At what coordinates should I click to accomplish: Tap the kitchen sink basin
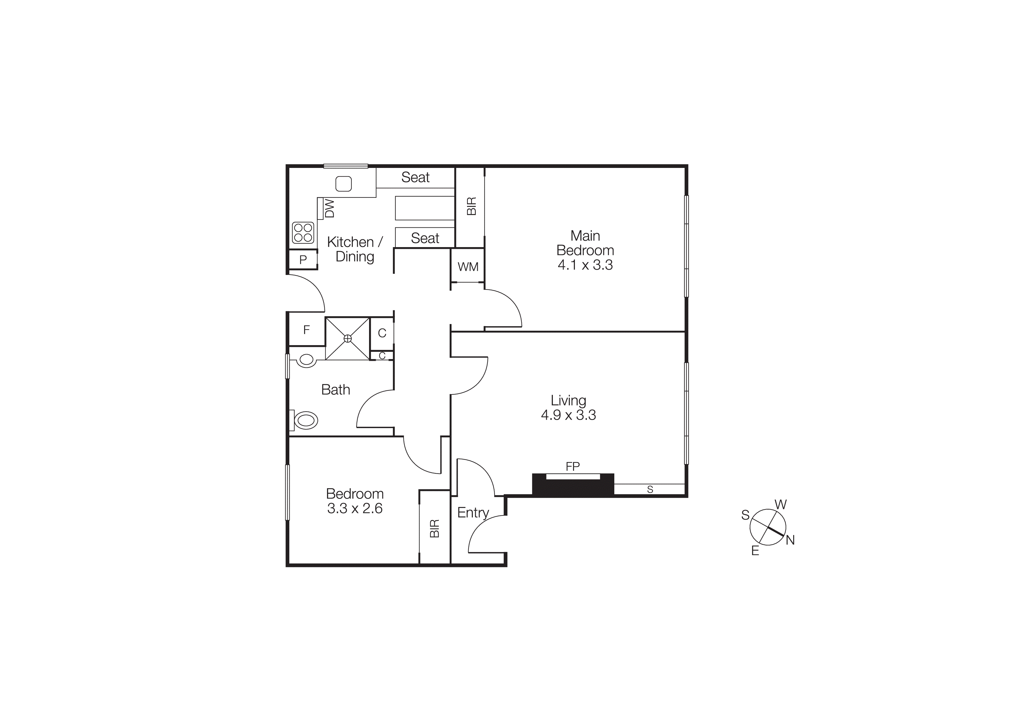coord(343,183)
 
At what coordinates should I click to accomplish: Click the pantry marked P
coord(303,260)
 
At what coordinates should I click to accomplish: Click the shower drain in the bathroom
coord(348,338)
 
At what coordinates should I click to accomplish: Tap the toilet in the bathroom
coord(305,421)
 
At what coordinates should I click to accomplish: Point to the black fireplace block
coord(573,487)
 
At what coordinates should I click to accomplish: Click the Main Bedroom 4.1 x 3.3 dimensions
coord(585,265)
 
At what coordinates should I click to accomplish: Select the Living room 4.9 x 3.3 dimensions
coord(568,415)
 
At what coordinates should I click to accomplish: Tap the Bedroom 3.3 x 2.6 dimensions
coord(355,508)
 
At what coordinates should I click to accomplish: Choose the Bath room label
coord(335,390)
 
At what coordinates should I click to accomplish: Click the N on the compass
coord(790,540)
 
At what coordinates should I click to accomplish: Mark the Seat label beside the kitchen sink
coord(415,177)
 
